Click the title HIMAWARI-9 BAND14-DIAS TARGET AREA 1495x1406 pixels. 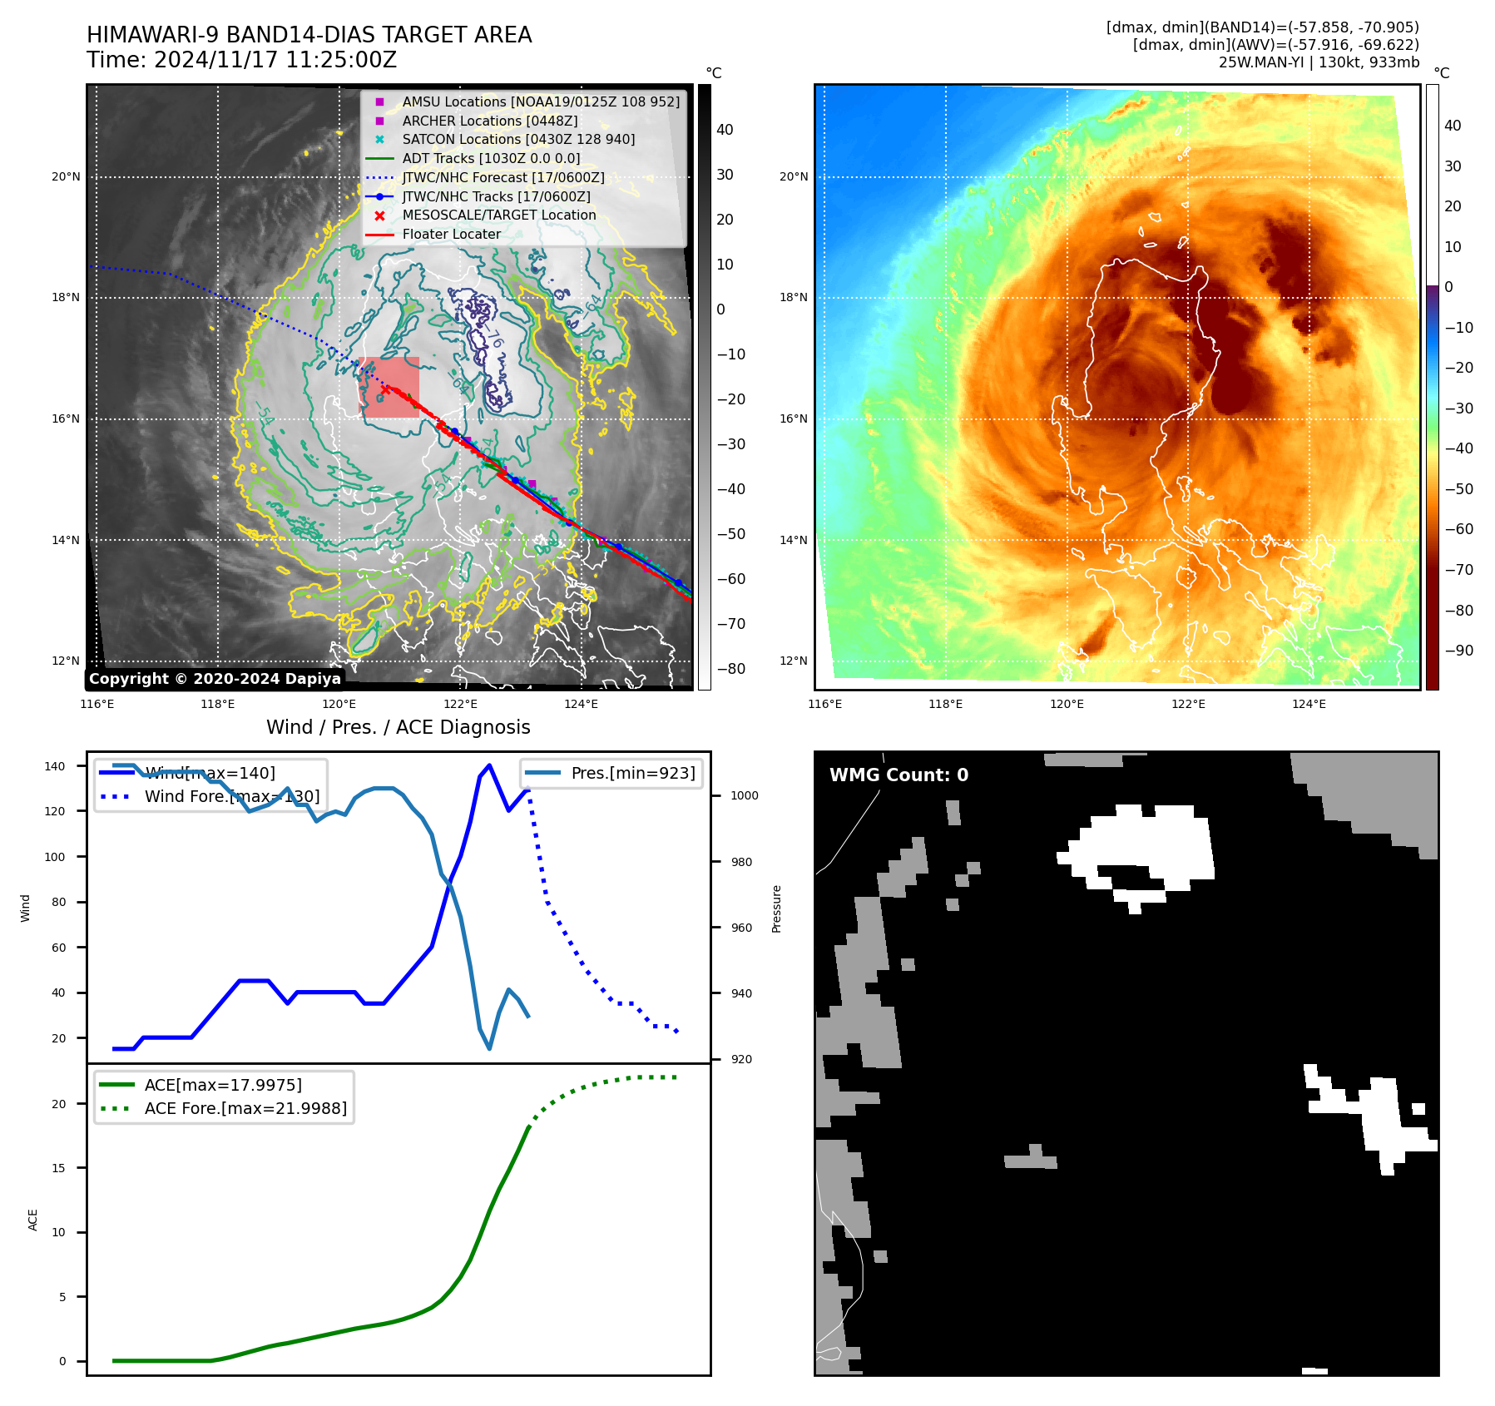[309, 35]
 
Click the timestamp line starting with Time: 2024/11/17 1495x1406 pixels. [241, 60]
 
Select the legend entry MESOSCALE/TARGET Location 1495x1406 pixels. [499, 215]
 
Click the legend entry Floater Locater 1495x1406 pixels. [451, 234]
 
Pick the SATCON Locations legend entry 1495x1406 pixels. [518, 139]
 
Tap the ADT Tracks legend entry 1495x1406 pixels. [491, 158]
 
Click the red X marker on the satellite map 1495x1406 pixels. [384, 389]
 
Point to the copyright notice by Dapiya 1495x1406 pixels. [215, 679]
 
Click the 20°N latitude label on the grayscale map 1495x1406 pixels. [66, 176]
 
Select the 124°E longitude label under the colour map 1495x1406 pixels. [1309, 704]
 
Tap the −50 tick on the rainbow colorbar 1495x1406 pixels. [1458, 488]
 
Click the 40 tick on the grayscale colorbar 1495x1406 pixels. [725, 130]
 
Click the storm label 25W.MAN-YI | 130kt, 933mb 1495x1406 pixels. [1319, 62]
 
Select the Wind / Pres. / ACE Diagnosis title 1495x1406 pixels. [398, 727]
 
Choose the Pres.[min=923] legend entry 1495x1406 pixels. [632, 773]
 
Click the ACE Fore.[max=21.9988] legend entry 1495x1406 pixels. [245, 1108]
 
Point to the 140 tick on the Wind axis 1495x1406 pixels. [54, 766]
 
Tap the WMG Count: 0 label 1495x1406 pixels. [898, 775]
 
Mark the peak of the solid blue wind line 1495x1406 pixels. [489, 765]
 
